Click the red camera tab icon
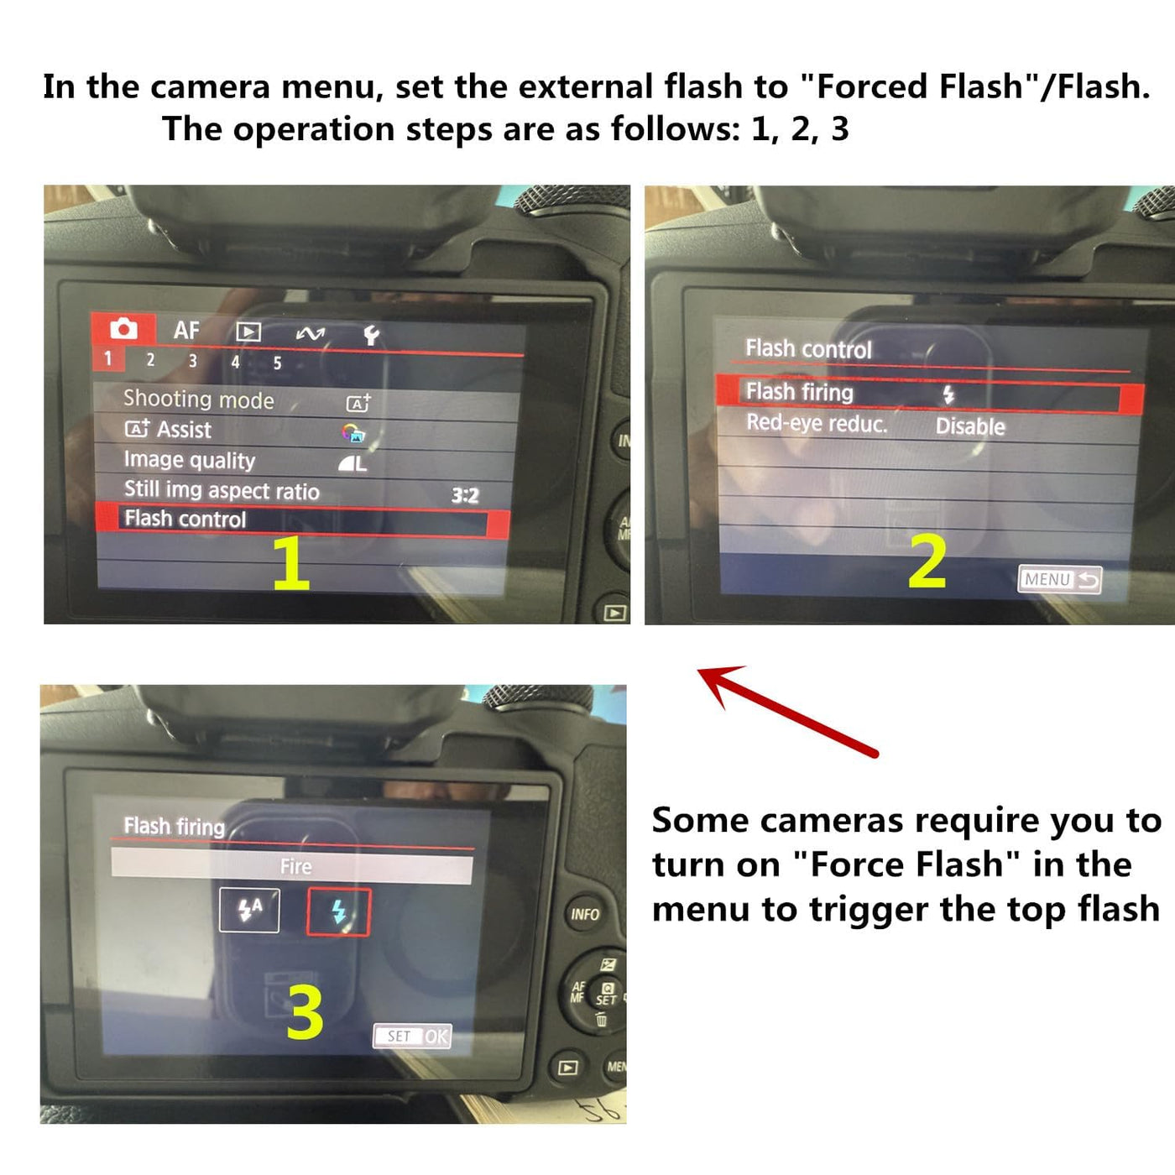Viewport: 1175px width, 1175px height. pos(123,329)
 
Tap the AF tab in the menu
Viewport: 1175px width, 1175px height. pos(186,331)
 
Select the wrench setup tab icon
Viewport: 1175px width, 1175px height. pos(371,335)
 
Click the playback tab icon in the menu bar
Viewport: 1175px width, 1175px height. pos(248,332)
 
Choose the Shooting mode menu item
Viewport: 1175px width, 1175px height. pos(199,399)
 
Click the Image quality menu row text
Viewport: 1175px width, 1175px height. pos(189,461)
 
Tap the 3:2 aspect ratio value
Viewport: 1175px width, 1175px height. pos(465,495)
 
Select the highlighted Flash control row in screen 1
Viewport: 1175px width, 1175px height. pos(302,520)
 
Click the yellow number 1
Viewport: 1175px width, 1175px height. pos(291,564)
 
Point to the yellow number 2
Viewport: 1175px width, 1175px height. pos(927,561)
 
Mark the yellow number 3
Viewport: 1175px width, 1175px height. pos(305,1013)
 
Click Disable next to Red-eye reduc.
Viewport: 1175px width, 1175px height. pos(970,427)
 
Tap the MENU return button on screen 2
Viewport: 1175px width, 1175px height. pos(1060,579)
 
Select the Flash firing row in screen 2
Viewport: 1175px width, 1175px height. pos(929,393)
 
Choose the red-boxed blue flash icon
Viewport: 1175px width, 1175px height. pos(338,912)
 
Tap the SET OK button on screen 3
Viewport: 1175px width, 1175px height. pos(412,1036)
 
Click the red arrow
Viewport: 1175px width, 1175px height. pos(788,711)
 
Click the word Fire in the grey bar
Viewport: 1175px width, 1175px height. pos(295,866)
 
